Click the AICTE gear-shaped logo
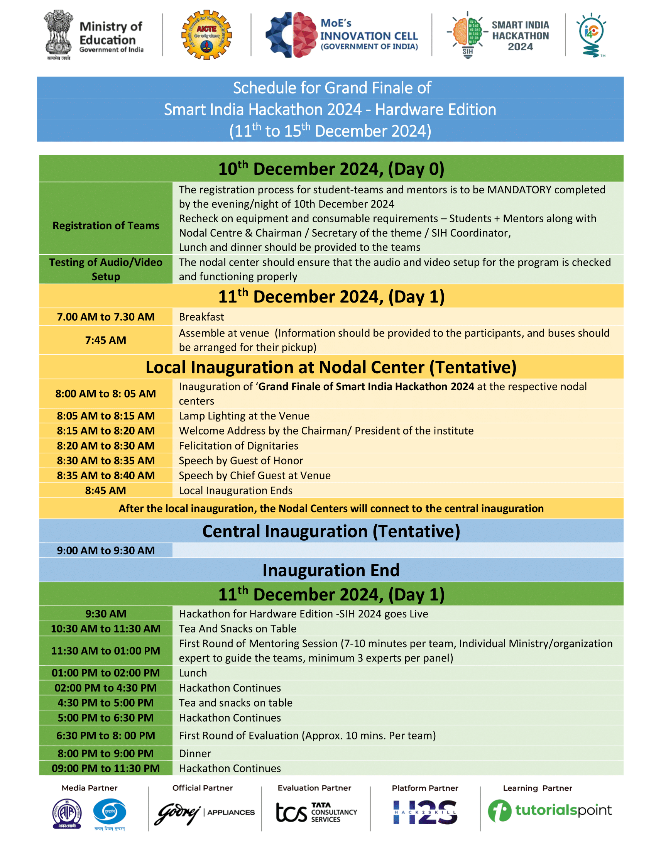click(206, 35)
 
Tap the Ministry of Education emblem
click(58, 34)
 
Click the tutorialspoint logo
click(549, 810)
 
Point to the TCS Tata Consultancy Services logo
click(316, 812)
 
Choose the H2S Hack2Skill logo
click(425, 812)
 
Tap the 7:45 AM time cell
click(106, 340)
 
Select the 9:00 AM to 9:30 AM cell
click(106, 550)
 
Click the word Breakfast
click(201, 317)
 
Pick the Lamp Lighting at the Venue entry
click(244, 416)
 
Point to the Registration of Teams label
click(106, 225)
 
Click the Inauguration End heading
click(331, 570)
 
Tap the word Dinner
click(195, 753)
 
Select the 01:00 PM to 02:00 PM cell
click(106, 673)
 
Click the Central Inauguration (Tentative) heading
click(331, 531)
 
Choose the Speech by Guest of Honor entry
click(241, 461)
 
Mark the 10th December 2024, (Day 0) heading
click(331, 169)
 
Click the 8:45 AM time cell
click(106, 490)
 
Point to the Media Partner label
click(90, 788)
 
